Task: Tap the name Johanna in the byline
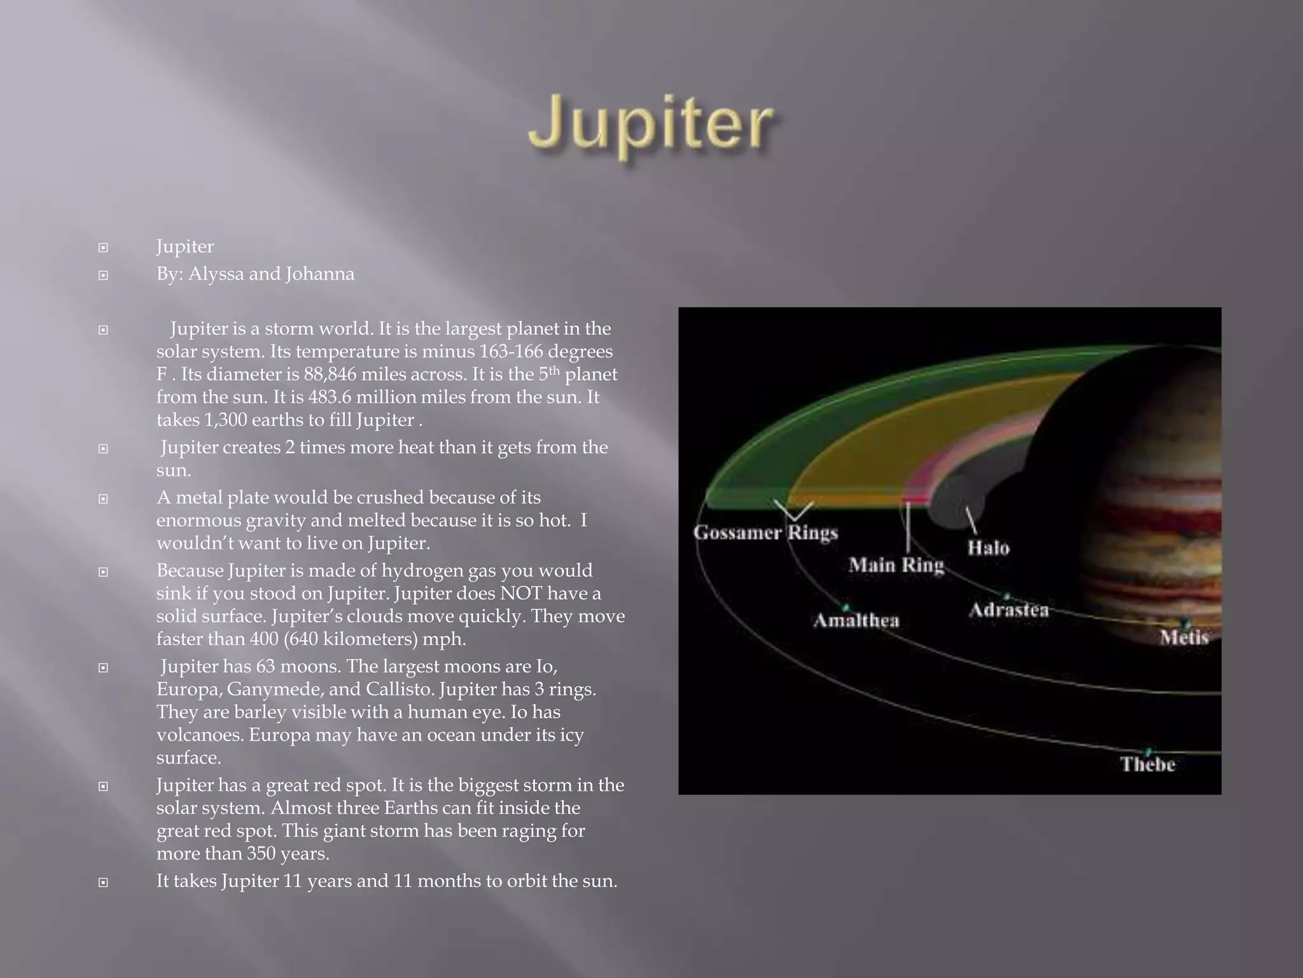[x=319, y=274]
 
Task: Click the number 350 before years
[x=261, y=854]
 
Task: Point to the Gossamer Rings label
[x=765, y=532]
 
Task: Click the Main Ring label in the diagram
[x=896, y=565]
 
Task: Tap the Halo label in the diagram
[x=988, y=548]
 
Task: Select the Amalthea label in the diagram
[x=856, y=620]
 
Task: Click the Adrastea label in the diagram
[x=1008, y=610]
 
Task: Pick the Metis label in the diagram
[x=1183, y=637]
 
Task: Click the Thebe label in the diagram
[x=1147, y=764]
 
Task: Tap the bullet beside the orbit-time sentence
[x=103, y=882]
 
